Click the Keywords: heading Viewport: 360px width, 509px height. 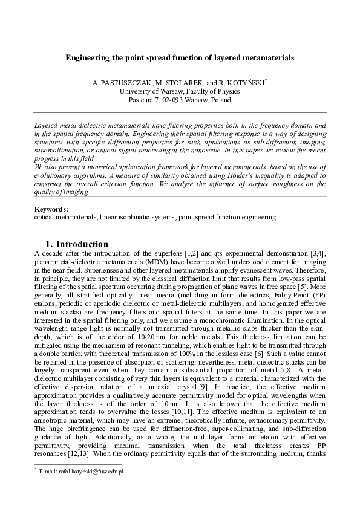pyautogui.click(x=51, y=209)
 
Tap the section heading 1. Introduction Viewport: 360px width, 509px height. pyautogui.click(x=77, y=244)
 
